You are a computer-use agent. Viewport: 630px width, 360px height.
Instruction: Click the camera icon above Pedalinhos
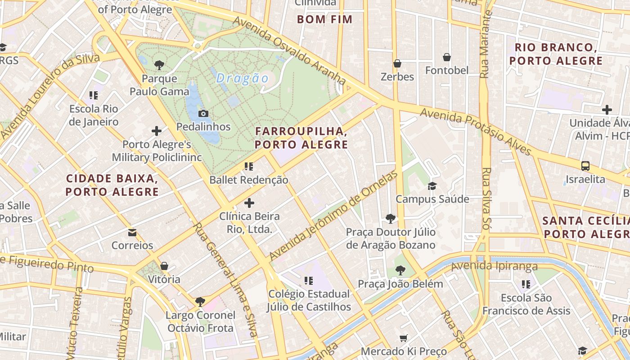pyautogui.click(x=203, y=113)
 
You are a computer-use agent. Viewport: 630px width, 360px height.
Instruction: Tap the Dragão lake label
pyautogui.click(x=242, y=79)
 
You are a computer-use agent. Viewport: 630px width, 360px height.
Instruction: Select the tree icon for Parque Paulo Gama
pyautogui.click(x=159, y=65)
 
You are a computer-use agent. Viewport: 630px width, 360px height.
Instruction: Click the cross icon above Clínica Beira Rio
pyautogui.click(x=249, y=203)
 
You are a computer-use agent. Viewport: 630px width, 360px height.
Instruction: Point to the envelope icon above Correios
pyautogui.click(x=132, y=232)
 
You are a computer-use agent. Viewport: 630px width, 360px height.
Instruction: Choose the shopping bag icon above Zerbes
pyautogui.click(x=397, y=63)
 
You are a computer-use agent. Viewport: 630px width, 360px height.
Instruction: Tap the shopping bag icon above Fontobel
pyautogui.click(x=447, y=57)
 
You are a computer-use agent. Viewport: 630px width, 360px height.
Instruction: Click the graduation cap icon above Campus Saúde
pyautogui.click(x=432, y=186)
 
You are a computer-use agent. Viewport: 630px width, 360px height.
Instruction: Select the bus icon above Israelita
pyautogui.click(x=585, y=166)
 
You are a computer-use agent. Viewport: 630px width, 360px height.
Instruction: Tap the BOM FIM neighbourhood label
pyautogui.click(x=325, y=19)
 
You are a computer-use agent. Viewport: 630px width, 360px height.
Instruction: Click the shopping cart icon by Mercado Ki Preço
pyautogui.click(x=404, y=338)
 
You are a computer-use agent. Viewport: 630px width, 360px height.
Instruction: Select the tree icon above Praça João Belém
pyautogui.click(x=400, y=270)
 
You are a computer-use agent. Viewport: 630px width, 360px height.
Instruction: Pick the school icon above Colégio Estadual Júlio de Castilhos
pyautogui.click(x=308, y=281)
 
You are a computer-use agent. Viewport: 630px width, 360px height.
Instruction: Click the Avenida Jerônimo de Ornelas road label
pyautogui.click(x=334, y=216)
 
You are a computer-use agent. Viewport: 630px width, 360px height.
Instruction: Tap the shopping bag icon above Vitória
pyautogui.click(x=164, y=266)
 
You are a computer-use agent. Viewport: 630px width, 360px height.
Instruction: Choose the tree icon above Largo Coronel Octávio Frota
pyautogui.click(x=200, y=301)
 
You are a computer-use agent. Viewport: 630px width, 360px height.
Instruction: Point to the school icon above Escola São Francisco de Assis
pyautogui.click(x=526, y=284)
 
